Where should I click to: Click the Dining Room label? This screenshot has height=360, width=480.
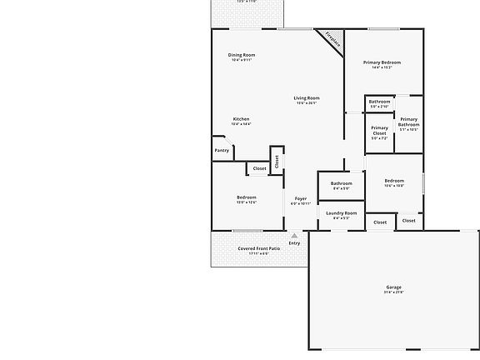[x=242, y=55]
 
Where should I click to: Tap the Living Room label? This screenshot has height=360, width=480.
[x=307, y=98]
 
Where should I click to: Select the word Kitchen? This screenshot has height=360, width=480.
[x=242, y=119]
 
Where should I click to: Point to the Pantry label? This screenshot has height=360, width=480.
[x=222, y=151]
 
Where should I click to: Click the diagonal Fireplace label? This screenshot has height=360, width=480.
[x=332, y=40]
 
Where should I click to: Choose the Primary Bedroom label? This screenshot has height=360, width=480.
[x=382, y=62]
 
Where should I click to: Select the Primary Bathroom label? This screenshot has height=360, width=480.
[x=408, y=122]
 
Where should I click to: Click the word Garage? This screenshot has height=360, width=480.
[x=393, y=287]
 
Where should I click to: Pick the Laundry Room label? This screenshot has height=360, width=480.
[x=341, y=213]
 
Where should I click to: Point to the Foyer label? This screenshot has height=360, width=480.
[x=301, y=198]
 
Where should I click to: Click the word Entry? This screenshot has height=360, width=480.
[x=294, y=243]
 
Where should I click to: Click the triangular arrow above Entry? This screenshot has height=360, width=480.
[x=294, y=236]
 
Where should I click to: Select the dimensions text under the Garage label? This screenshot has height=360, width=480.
[x=393, y=292]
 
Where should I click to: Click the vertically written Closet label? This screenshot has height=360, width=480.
[x=277, y=161]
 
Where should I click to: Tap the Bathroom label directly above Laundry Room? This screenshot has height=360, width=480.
[x=342, y=183]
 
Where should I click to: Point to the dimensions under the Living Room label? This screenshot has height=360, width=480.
[x=307, y=103]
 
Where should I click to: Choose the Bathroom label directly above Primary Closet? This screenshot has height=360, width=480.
[x=379, y=102]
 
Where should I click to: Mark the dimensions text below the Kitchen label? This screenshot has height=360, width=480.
[x=242, y=124]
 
